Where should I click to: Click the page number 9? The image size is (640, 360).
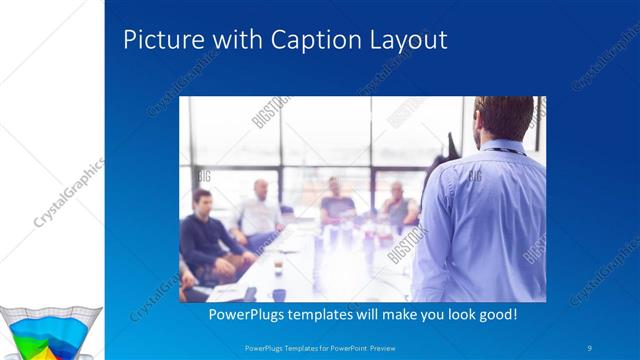coord(591,347)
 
